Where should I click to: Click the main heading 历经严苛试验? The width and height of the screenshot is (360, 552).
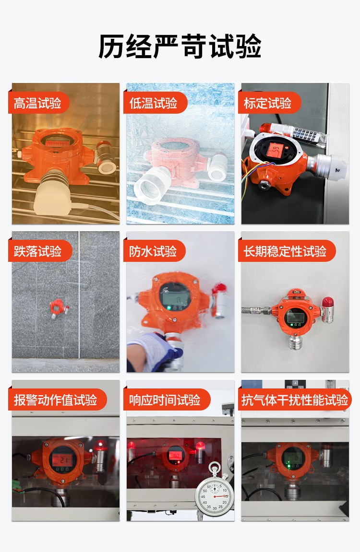[x=180, y=47]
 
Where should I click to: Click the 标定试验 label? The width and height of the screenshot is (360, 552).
[x=268, y=103]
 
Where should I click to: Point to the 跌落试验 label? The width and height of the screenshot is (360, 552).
[x=38, y=251]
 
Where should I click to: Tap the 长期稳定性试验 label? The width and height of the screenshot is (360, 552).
[x=285, y=251]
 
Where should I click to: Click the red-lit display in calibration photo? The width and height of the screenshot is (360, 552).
[x=275, y=150]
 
